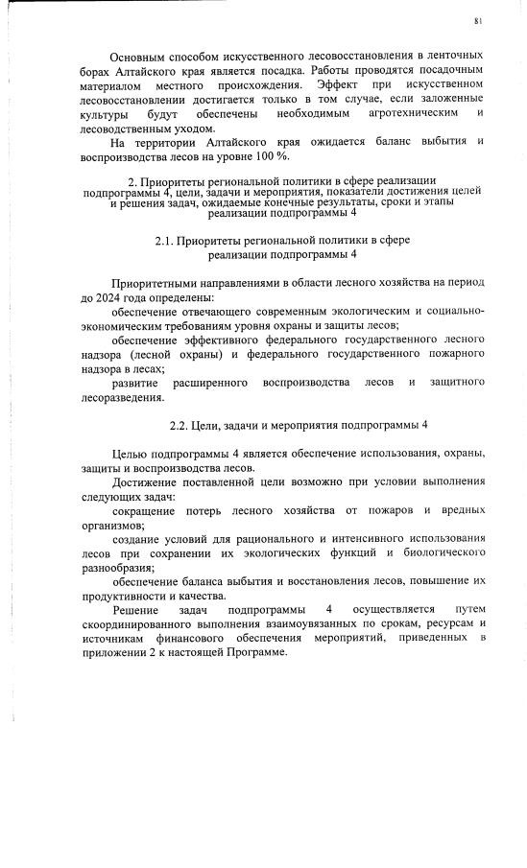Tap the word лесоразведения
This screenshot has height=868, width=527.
click(x=123, y=397)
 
